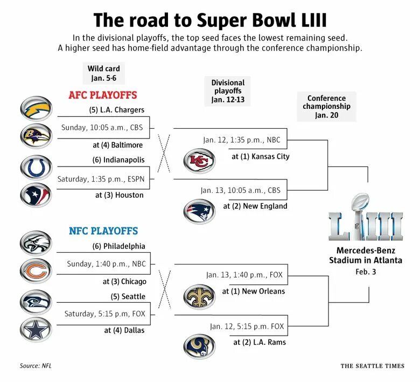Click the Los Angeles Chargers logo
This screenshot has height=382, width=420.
click(x=36, y=108)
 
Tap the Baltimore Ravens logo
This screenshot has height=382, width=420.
click(x=36, y=136)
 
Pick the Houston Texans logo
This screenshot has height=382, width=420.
click(x=36, y=194)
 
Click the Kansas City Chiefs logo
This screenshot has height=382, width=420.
click(x=199, y=161)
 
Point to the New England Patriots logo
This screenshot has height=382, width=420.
click(x=199, y=211)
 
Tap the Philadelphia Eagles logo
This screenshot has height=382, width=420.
click(x=36, y=242)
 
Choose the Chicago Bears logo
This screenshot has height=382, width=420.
click(x=36, y=270)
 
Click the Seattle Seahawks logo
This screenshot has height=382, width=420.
click(x=36, y=302)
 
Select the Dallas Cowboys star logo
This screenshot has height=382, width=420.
click(x=36, y=330)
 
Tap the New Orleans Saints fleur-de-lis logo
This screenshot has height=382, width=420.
click(x=199, y=297)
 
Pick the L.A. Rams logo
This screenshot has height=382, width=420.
click(x=199, y=346)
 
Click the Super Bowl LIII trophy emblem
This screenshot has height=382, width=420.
click(x=366, y=218)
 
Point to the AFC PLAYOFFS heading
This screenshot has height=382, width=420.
click(x=103, y=95)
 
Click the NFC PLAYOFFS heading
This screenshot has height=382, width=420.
click(x=103, y=231)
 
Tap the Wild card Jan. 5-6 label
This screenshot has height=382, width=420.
click(x=104, y=73)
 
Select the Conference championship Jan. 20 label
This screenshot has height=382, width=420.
click(x=326, y=106)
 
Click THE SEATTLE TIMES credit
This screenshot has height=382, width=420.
click(x=372, y=366)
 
